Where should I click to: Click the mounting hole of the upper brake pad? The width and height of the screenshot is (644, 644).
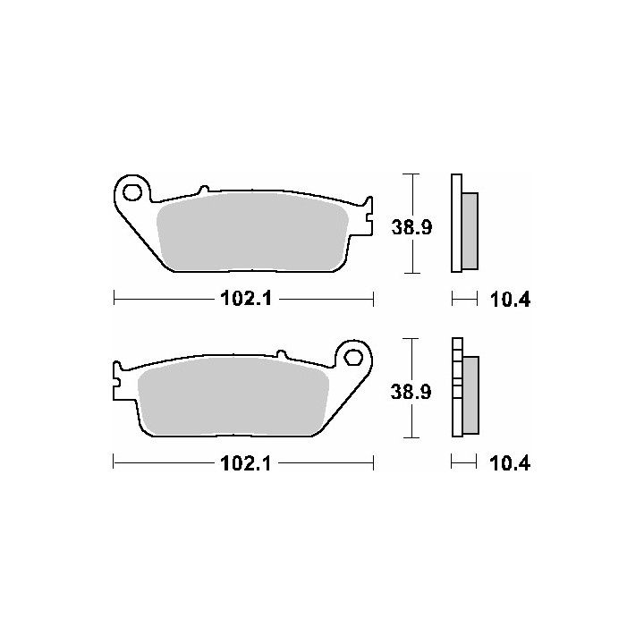tap(132, 192)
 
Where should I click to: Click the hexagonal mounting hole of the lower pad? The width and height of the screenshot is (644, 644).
tap(352, 357)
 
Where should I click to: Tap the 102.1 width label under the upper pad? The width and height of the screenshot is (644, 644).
tap(246, 299)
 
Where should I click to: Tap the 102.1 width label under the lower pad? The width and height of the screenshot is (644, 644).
tap(246, 463)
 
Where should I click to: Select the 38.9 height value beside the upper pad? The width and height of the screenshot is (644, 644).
tap(411, 227)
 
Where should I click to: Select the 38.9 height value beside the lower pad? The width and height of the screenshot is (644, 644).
tap(411, 392)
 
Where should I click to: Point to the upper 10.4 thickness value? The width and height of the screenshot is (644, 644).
tap(510, 300)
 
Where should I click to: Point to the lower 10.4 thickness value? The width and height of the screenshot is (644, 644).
tap(510, 463)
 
